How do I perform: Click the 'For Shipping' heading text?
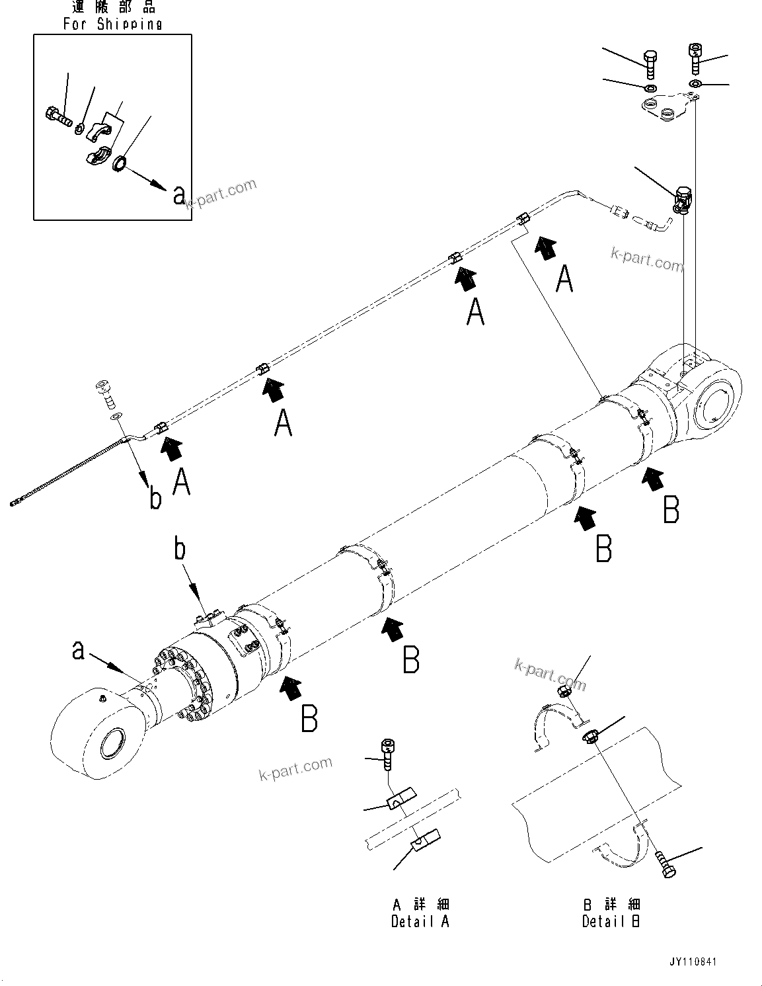tap(112, 24)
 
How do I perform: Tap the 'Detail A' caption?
tap(420, 921)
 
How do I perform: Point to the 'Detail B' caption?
tap(611, 921)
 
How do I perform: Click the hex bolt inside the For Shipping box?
tap(58, 117)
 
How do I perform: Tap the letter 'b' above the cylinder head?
tap(180, 550)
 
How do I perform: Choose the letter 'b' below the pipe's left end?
tap(155, 499)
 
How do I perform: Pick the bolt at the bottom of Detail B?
tap(666, 865)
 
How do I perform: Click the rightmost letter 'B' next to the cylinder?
tap(671, 511)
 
